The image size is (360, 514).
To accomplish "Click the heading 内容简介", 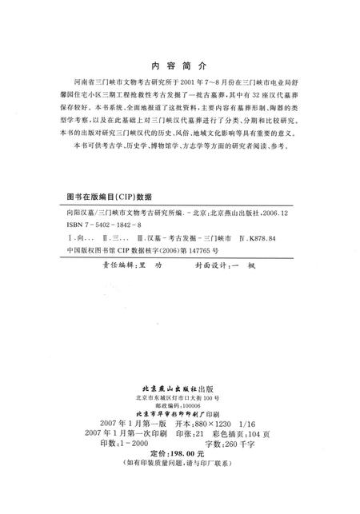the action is [x=179, y=67].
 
